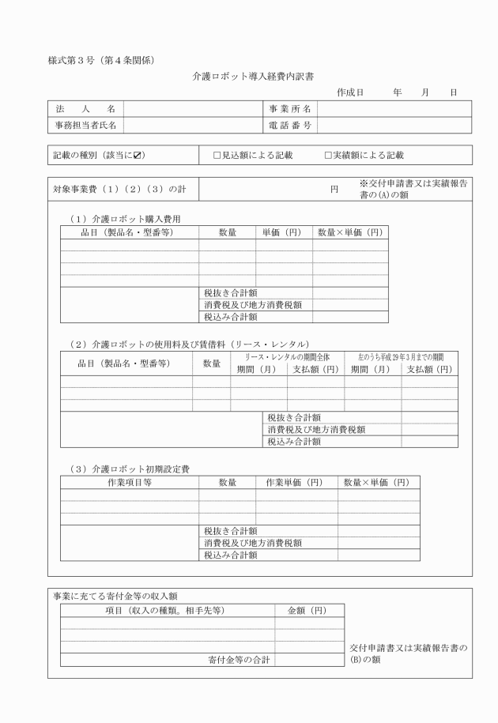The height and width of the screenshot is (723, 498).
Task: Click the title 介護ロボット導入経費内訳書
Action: click(x=249, y=77)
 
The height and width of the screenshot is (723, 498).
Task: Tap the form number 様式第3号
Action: click(x=72, y=60)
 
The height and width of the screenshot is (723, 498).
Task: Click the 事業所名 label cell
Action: click(x=289, y=108)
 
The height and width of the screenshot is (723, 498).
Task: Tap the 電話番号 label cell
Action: click(x=289, y=125)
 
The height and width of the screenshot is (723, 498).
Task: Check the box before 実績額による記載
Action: click(x=328, y=156)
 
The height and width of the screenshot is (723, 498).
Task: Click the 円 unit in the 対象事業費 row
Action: click(x=334, y=190)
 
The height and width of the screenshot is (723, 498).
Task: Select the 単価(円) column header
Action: click(x=284, y=232)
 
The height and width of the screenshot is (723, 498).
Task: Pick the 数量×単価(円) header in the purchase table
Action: click(x=350, y=232)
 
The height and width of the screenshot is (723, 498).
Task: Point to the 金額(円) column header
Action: click(x=309, y=610)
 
